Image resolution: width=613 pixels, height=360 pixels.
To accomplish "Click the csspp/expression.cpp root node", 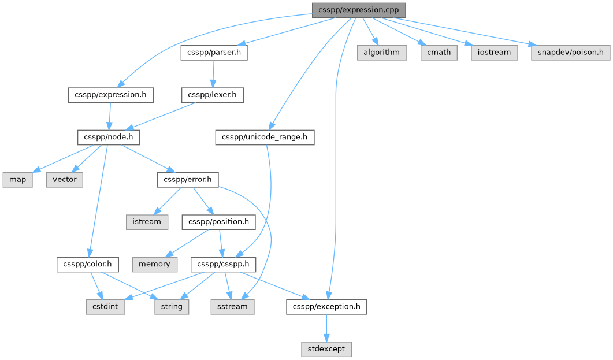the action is pyautogui.click(x=358, y=10).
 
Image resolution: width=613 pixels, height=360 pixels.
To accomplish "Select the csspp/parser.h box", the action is pyautogui.click(x=214, y=53).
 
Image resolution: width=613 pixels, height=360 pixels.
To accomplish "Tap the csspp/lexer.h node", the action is pyautogui.click(x=212, y=95).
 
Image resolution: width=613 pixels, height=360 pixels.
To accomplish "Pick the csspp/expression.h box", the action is pyautogui.click(x=110, y=95).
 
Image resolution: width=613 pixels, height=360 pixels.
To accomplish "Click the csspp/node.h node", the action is pyautogui.click(x=108, y=137).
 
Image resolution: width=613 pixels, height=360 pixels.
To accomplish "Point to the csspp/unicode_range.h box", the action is pyautogui.click(x=265, y=137).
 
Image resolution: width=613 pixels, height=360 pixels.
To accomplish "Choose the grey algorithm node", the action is pyautogui.click(x=381, y=53).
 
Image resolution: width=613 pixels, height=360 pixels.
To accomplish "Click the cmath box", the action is pyautogui.click(x=439, y=53).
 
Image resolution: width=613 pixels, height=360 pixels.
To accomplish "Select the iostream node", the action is pyautogui.click(x=494, y=53).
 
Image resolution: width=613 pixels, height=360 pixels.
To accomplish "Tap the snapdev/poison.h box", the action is pyautogui.click(x=570, y=53).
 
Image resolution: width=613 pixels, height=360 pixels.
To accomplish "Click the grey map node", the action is pyautogui.click(x=17, y=180).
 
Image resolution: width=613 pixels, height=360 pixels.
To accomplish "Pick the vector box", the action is pyautogui.click(x=65, y=180).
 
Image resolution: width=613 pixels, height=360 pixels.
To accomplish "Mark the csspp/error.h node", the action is pyautogui.click(x=188, y=180).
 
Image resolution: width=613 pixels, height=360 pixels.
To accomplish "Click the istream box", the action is pyautogui.click(x=147, y=222).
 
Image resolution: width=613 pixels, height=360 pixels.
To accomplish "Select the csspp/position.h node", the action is pyautogui.click(x=218, y=222).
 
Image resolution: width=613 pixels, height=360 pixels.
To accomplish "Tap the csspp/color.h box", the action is pyautogui.click(x=88, y=265).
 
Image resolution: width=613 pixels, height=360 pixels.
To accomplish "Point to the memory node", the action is pyautogui.click(x=154, y=265).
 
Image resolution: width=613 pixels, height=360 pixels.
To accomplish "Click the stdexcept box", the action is pyautogui.click(x=326, y=349).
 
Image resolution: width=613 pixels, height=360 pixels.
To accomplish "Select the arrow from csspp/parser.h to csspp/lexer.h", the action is pyautogui.click(x=213, y=74).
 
